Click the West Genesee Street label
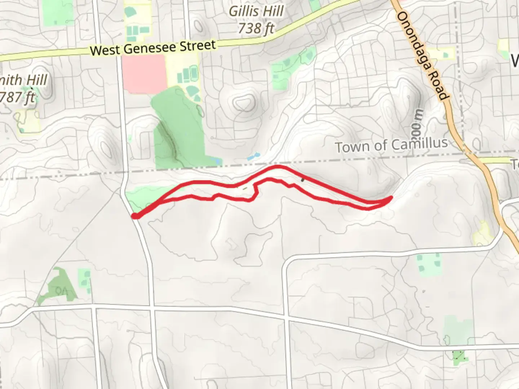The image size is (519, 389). tap(153, 48)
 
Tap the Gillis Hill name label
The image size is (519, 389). tap(256, 12)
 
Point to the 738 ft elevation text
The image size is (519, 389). tap(256, 28)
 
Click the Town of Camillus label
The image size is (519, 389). tap(391, 145)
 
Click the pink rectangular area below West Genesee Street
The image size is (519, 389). tap(144, 74)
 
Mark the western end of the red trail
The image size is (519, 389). tap(135, 216)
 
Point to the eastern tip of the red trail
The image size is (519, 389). tap(391, 198)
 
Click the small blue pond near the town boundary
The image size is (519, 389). tap(253, 157)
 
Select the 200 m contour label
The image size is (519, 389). tap(417, 122)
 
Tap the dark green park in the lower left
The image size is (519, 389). tap(58, 286)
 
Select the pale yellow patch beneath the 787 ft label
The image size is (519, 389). tap(28, 121)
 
